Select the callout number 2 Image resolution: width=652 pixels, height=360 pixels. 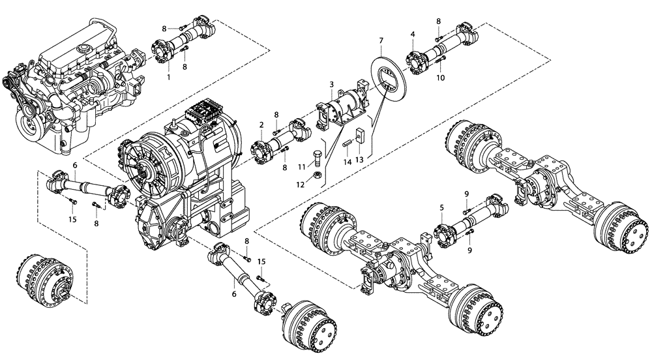(x=261, y=125)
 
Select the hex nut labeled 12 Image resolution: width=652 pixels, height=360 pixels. (x=316, y=175)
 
